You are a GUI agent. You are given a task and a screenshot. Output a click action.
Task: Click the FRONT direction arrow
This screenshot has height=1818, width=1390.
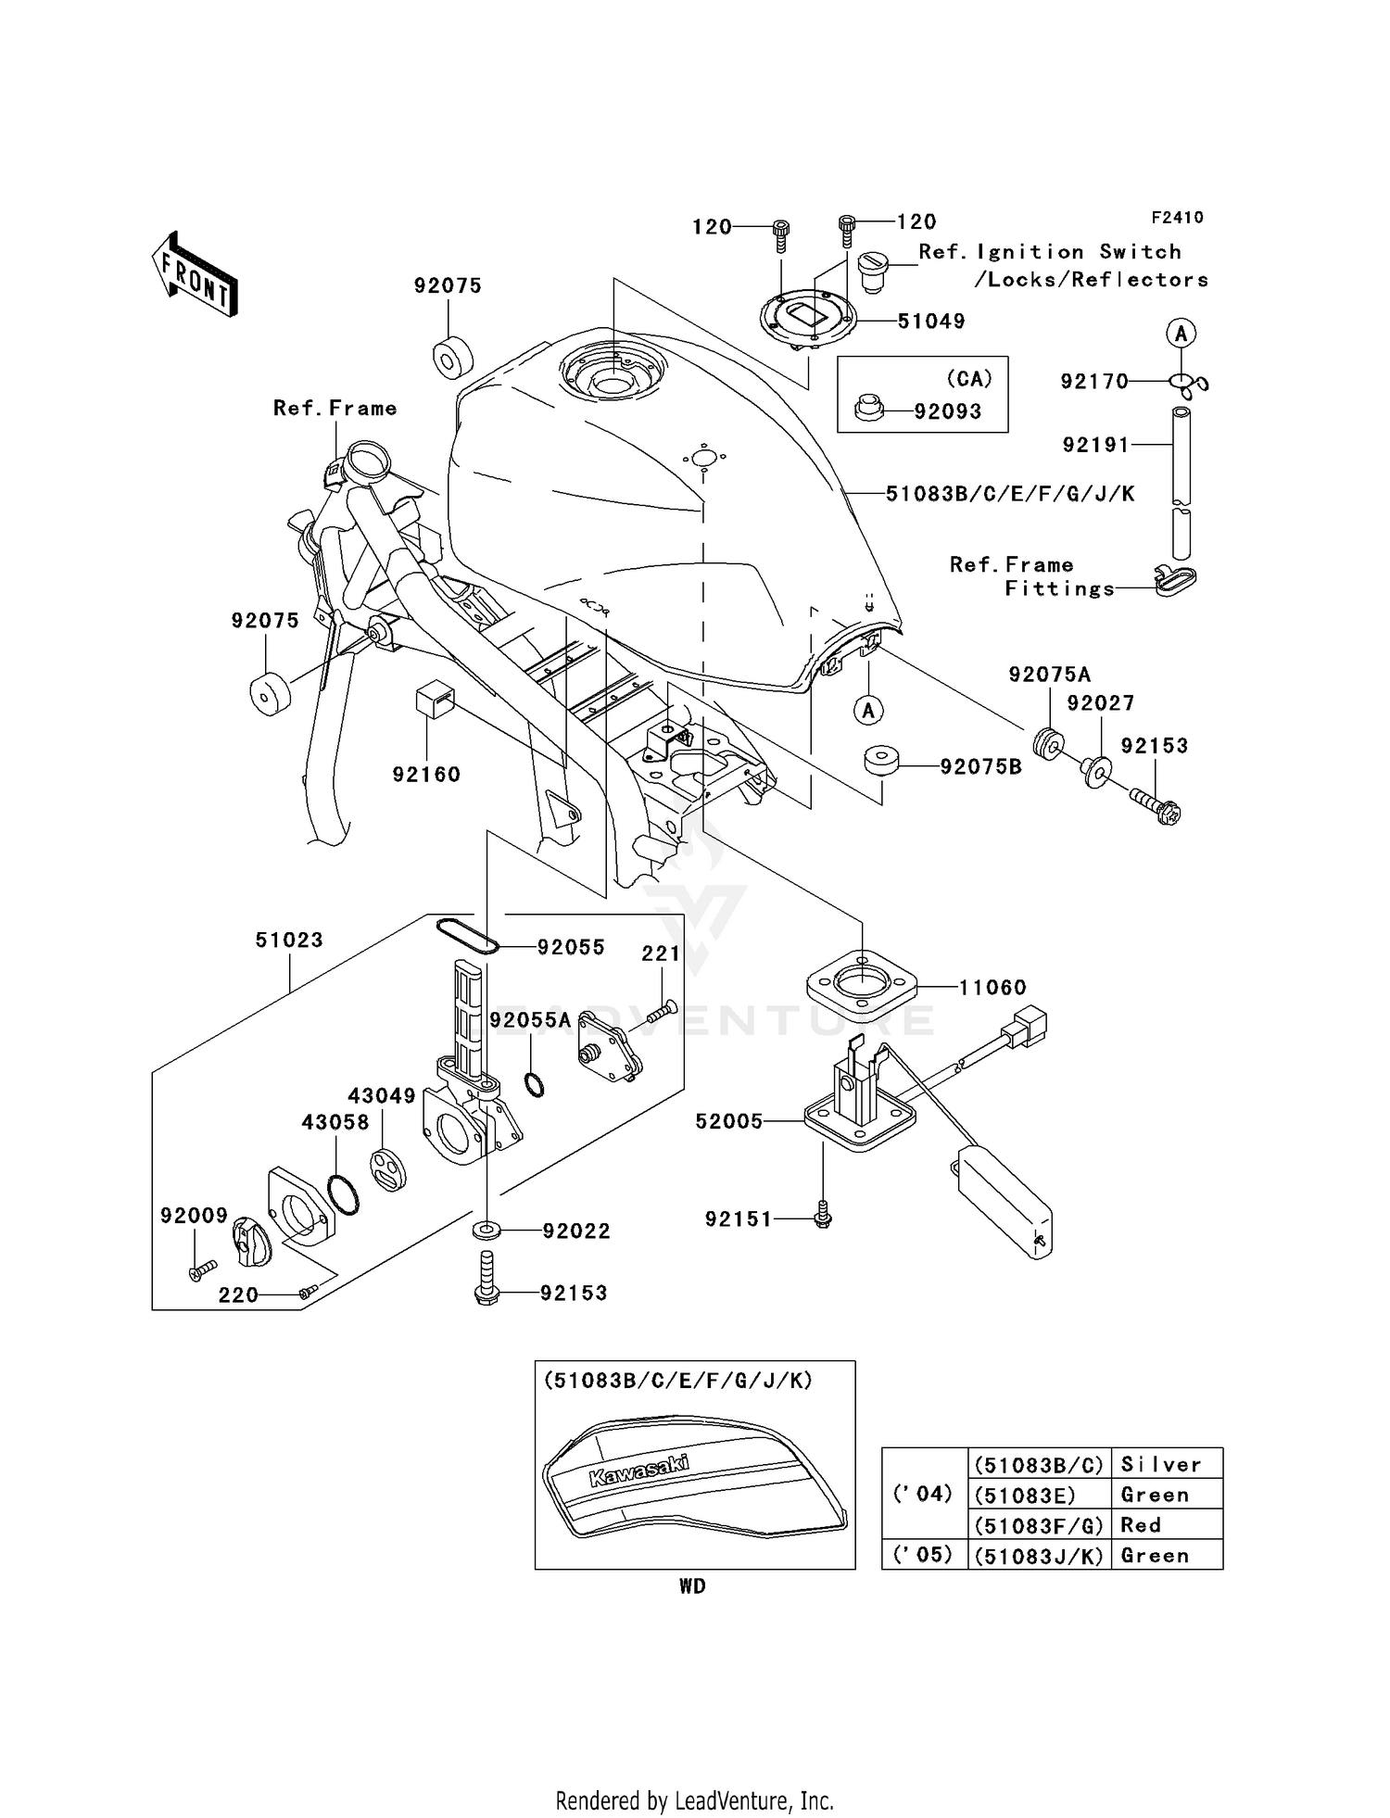[x=195, y=274]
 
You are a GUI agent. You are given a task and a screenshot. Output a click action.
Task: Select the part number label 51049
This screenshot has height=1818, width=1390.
[x=930, y=322]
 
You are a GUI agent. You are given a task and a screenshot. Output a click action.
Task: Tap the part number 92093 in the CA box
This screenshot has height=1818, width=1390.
[x=947, y=411]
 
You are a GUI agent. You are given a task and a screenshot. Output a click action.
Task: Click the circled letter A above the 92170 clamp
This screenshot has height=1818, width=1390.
[x=1181, y=333]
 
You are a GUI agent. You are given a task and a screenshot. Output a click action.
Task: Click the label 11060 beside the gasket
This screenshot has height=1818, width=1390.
[x=992, y=988]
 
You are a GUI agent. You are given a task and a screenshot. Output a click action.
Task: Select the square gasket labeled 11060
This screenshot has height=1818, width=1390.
[x=861, y=986]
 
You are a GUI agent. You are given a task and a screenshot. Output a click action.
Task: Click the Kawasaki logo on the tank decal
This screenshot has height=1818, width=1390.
[x=639, y=1471]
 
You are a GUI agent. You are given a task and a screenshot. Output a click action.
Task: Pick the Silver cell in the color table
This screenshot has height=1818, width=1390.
[x=1166, y=1464]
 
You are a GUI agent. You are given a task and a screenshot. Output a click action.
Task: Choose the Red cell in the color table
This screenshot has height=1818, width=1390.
[x=1166, y=1524]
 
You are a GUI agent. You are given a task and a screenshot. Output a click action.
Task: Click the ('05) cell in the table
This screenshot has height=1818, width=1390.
[x=923, y=1554]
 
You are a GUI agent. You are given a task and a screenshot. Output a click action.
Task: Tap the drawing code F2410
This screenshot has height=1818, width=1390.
[x=1177, y=218]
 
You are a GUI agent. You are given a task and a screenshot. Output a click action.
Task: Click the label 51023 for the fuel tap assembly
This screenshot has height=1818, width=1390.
[x=289, y=940]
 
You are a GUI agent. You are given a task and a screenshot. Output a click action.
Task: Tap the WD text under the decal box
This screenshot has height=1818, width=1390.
[x=692, y=1586]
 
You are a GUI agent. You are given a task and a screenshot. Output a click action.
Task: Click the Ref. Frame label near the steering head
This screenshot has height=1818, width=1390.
[x=335, y=409]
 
